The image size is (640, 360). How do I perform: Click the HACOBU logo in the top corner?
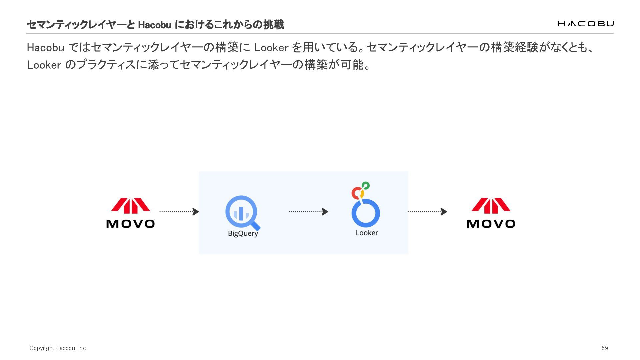pyautogui.click(x=585, y=24)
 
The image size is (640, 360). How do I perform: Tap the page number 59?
pyautogui.click(x=605, y=348)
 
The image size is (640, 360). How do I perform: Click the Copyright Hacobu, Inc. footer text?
pyautogui.click(x=58, y=348)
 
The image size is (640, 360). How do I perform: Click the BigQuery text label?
pyautogui.click(x=243, y=233)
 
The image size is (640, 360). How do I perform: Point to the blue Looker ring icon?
pyautogui.click(x=366, y=213)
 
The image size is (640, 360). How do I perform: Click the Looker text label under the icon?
pyautogui.click(x=367, y=233)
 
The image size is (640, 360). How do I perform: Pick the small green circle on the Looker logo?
pyautogui.click(x=366, y=185)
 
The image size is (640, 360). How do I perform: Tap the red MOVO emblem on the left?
pyautogui.click(x=130, y=205)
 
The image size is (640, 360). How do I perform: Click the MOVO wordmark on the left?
pyautogui.click(x=130, y=224)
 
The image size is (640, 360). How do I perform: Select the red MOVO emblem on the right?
pyautogui.click(x=491, y=205)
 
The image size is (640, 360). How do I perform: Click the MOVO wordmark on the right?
pyautogui.click(x=491, y=224)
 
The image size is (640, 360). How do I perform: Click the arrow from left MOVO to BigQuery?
pyautogui.click(x=179, y=212)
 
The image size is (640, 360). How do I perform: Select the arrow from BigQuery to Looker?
pyautogui.click(x=308, y=212)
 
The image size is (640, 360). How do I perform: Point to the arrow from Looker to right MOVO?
pyautogui.click(x=427, y=212)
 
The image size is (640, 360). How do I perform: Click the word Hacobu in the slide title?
pyautogui.click(x=154, y=25)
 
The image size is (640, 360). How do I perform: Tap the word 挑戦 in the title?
pyautogui.click(x=273, y=25)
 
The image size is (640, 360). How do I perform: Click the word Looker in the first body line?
pyautogui.click(x=271, y=48)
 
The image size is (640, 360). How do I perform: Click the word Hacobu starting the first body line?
pyautogui.click(x=45, y=48)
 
